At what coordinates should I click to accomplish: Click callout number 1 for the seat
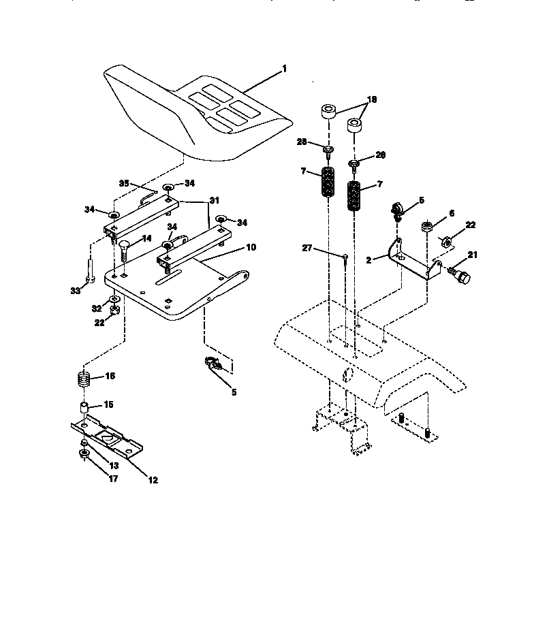(x=284, y=69)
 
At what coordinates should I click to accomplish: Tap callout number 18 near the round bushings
(x=371, y=99)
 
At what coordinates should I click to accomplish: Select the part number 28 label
(x=302, y=142)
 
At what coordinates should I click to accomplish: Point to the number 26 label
(x=380, y=155)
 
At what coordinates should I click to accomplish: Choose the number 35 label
(x=124, y=183)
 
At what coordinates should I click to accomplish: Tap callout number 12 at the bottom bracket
(x=153, y=480)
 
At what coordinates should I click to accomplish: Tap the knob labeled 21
(x=461, y=276)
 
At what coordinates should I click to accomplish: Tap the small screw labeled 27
(x=346, y=257)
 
